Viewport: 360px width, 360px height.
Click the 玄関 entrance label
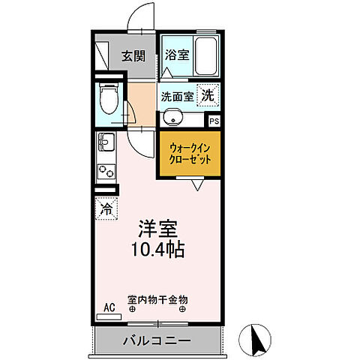[x=135, y=55]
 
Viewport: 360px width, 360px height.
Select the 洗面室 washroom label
[x=178, y=96]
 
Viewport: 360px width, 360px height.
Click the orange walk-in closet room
[x=190, y=154]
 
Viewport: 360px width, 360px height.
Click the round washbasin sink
[x=172, y=118]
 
